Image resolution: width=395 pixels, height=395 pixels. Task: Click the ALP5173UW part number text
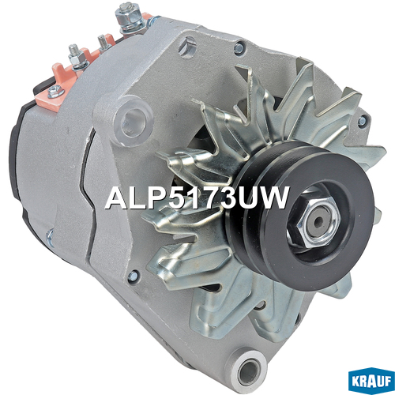197,197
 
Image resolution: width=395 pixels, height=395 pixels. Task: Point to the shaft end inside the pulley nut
318,220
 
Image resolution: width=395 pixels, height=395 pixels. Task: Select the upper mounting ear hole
132,121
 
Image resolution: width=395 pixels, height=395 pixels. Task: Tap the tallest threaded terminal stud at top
126,17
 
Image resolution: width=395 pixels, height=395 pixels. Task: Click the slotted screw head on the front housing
188,46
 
